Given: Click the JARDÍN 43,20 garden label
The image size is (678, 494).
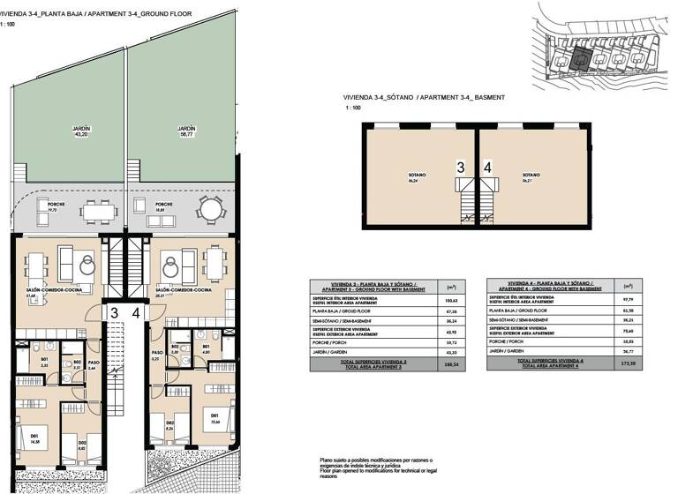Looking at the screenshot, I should [x=81, y=131].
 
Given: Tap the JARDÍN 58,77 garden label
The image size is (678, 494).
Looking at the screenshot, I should [x=185, y=131].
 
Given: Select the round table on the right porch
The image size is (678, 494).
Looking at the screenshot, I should [x=210, y=209].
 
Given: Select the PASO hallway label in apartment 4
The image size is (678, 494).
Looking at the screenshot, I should [x=155, y=357].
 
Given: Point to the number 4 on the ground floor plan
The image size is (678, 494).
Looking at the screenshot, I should [x=135, y=312].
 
